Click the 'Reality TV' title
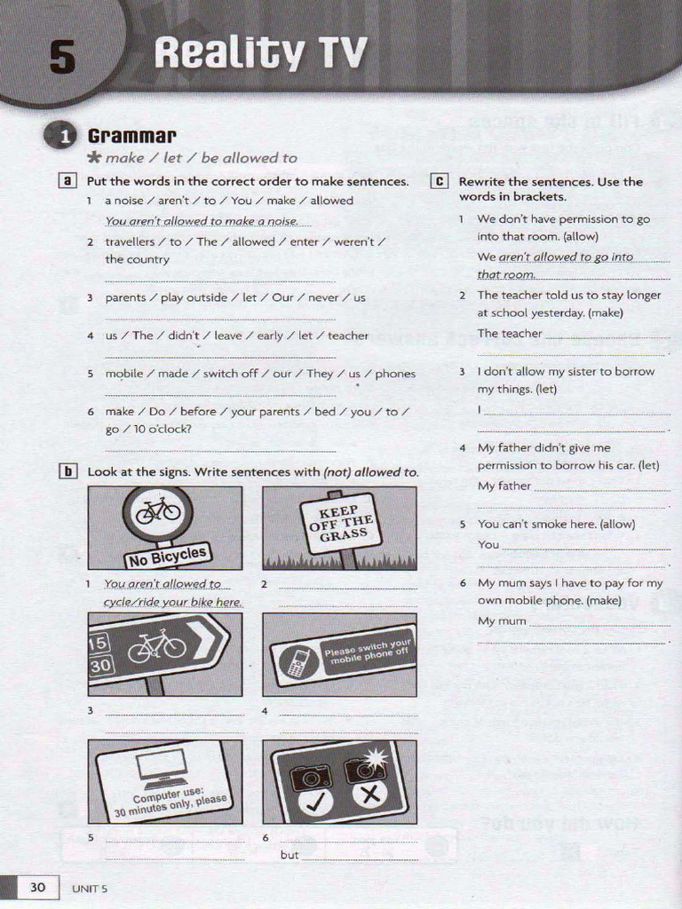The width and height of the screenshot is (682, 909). (x=259, y=53)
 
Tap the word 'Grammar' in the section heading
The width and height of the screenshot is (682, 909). (x=131, y=136)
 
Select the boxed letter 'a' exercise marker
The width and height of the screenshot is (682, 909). (x=67, y=181)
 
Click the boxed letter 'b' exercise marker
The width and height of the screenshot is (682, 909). (x=67, y=472)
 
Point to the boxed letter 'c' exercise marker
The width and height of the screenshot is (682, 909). (x=439, y=181)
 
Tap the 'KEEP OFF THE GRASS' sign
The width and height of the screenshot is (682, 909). (x=339, y=523)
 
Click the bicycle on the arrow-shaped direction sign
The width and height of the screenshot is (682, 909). (x=156, y=646)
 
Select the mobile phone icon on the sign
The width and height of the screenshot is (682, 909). (x=295, y=662)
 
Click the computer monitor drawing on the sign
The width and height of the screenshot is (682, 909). (x=162, y=765)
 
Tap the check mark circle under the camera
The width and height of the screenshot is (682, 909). (x=314, y=801)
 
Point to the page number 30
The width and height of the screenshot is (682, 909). (x=37, y=887)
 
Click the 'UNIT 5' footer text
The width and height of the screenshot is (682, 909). (x=90, y=888)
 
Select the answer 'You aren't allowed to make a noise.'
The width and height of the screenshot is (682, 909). (x=202, y=221)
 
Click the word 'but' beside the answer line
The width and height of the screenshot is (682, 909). (x=289, y=856)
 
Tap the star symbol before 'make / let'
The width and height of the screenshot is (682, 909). (x=94, y=158)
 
